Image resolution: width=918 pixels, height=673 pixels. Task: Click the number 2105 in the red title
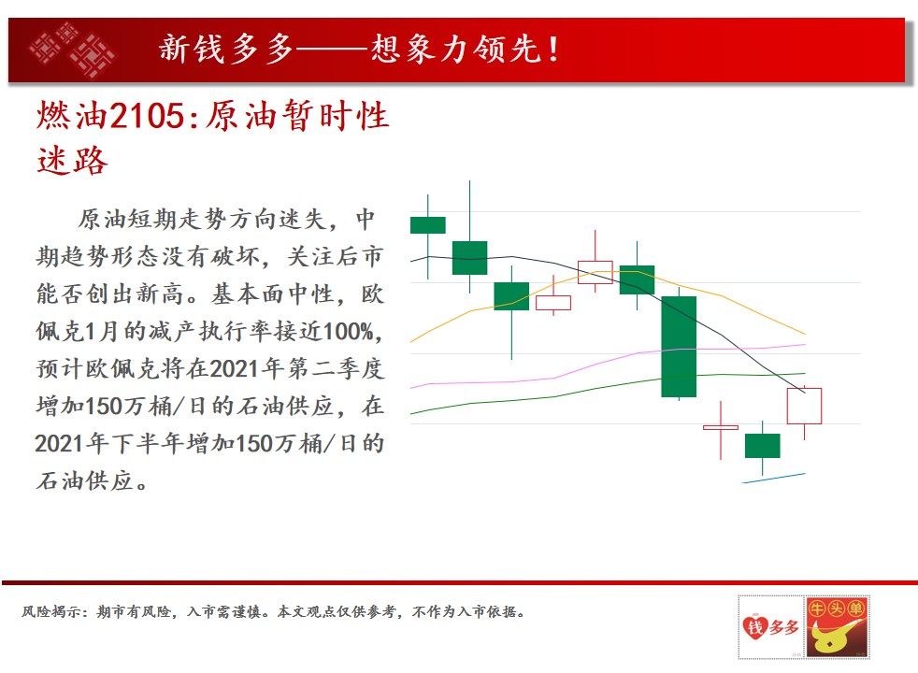pos(147,116)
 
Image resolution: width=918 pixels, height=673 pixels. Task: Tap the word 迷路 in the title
pos(73,161)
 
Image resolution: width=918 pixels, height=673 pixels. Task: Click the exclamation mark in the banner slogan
pos(552,50)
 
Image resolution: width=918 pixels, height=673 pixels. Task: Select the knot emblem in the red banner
pos(72,50)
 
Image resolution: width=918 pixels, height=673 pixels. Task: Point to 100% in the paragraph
pos(348,331)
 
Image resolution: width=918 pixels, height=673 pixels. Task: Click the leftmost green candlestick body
pos(428,225)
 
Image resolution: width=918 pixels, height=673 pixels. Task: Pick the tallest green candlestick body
pos(679,347)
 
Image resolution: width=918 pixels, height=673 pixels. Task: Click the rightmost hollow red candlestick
pos(805,406)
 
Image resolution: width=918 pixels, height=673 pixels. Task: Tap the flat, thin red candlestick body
pos(721,428)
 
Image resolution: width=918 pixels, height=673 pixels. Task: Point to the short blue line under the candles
pos(773,479)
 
